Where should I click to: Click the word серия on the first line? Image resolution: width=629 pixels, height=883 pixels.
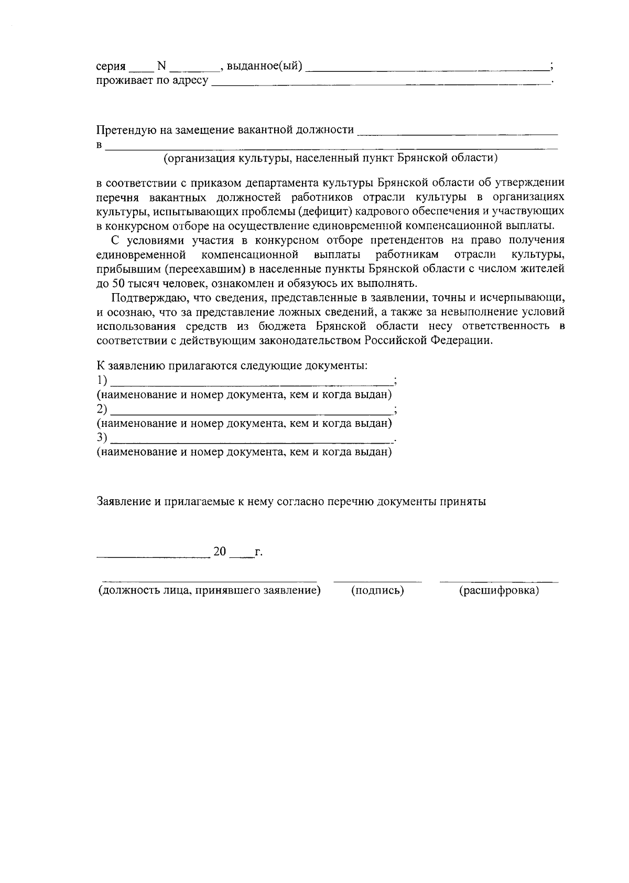[x=111, y=67]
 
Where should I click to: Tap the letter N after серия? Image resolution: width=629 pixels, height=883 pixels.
[x=161, y=67]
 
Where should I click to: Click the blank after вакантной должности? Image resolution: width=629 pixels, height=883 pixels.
[x=457, y=131]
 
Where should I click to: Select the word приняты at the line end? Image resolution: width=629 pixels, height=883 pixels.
[x=465, y=501]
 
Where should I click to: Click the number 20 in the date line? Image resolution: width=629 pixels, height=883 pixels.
[x=220, y=552]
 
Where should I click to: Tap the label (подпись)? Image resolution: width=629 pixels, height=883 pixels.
[x=377, y=591]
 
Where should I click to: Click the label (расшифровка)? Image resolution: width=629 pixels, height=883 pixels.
[x=499, y=591]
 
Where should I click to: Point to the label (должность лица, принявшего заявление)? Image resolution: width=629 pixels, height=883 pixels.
[x=209, y=591]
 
